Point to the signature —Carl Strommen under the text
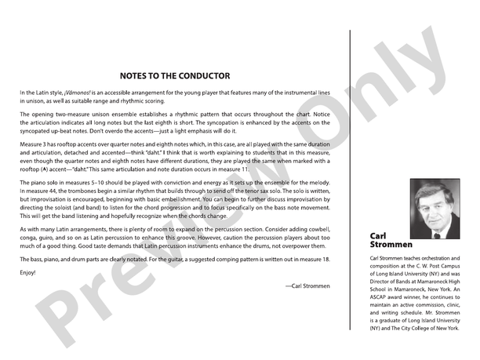307,287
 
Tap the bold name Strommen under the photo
390,244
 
